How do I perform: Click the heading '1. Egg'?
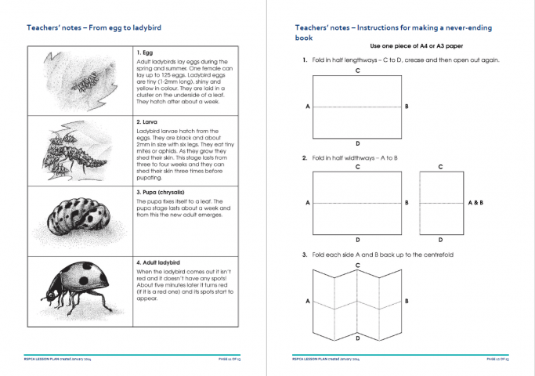click(x=145, y=52)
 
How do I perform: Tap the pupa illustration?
click(x=80, y=219)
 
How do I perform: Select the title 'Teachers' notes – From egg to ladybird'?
click(x=93, y=27)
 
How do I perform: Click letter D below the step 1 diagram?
click(x=357, y=143)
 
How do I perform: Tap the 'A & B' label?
click(x=475, y=203)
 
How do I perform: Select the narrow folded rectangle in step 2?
click(x=440, y=203)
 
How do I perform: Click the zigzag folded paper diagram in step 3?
click(x=357, y=301)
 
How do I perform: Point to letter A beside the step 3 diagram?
click(x=307, y=301)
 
